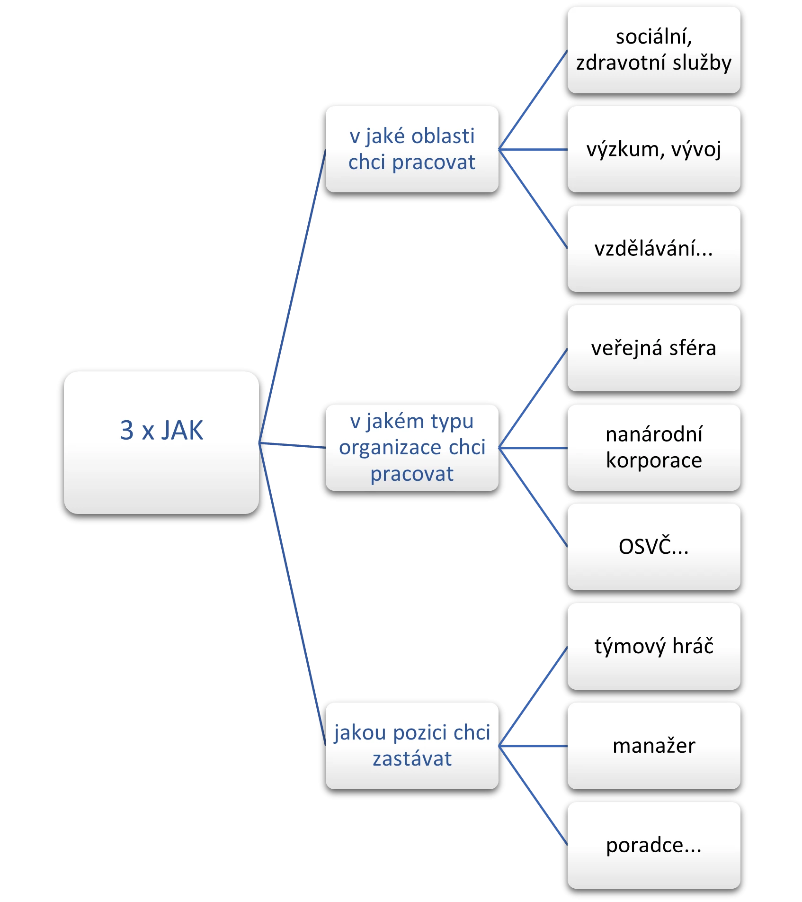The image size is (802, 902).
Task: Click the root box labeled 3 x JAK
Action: click(x=161, y=442)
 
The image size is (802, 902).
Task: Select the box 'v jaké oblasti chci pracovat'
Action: click(x=412, y=149)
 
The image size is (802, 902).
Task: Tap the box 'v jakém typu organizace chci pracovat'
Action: click(x=412, y=447)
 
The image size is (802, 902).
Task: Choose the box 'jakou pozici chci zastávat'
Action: click(x=412, y=746)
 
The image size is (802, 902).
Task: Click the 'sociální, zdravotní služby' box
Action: click(x=653, y=50)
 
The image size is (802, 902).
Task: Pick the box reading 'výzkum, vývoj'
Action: click(x=653, y=149)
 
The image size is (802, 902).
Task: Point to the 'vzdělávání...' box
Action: click(x=653, y=249)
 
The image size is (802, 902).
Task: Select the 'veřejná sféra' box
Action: click(x=653, y=348)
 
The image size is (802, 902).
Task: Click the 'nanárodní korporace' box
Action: click(x=653, y=447)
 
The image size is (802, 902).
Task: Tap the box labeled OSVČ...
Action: click(x=653, y=547)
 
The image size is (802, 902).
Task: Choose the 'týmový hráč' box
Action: click(x=653, y=646)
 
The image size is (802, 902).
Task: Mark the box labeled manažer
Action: click(x=653, y=746)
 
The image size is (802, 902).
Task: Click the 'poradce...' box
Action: click(x=653, y=845)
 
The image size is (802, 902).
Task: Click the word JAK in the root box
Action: click(x=182, y=430)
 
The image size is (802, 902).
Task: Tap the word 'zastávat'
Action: click(x=412, y=759)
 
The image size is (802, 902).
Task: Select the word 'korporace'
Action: click(x=654, y=460)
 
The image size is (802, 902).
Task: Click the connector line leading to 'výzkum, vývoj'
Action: click(x=533, y=150)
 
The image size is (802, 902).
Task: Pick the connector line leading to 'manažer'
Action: click(x=533, y=746)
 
